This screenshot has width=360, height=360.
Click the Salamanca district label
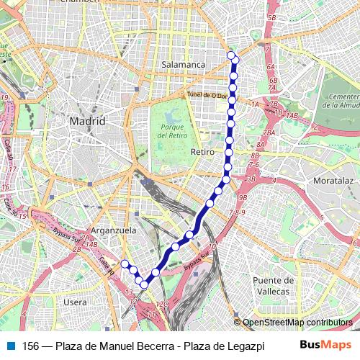(184, 64)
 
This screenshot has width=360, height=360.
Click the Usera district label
(74, 302)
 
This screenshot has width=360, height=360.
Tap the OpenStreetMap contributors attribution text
(297, 323)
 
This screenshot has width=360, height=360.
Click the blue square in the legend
(10, 345)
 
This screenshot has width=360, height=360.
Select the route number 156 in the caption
(31, 345)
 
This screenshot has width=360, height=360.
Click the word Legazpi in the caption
(245, 345)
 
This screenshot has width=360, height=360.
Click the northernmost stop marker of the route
(231, 55)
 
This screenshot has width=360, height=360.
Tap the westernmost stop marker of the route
(124, 264)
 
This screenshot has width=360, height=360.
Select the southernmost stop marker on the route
(144, 285)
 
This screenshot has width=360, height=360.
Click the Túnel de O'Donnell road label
(207, 95)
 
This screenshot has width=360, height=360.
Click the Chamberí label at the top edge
(79, 2)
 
